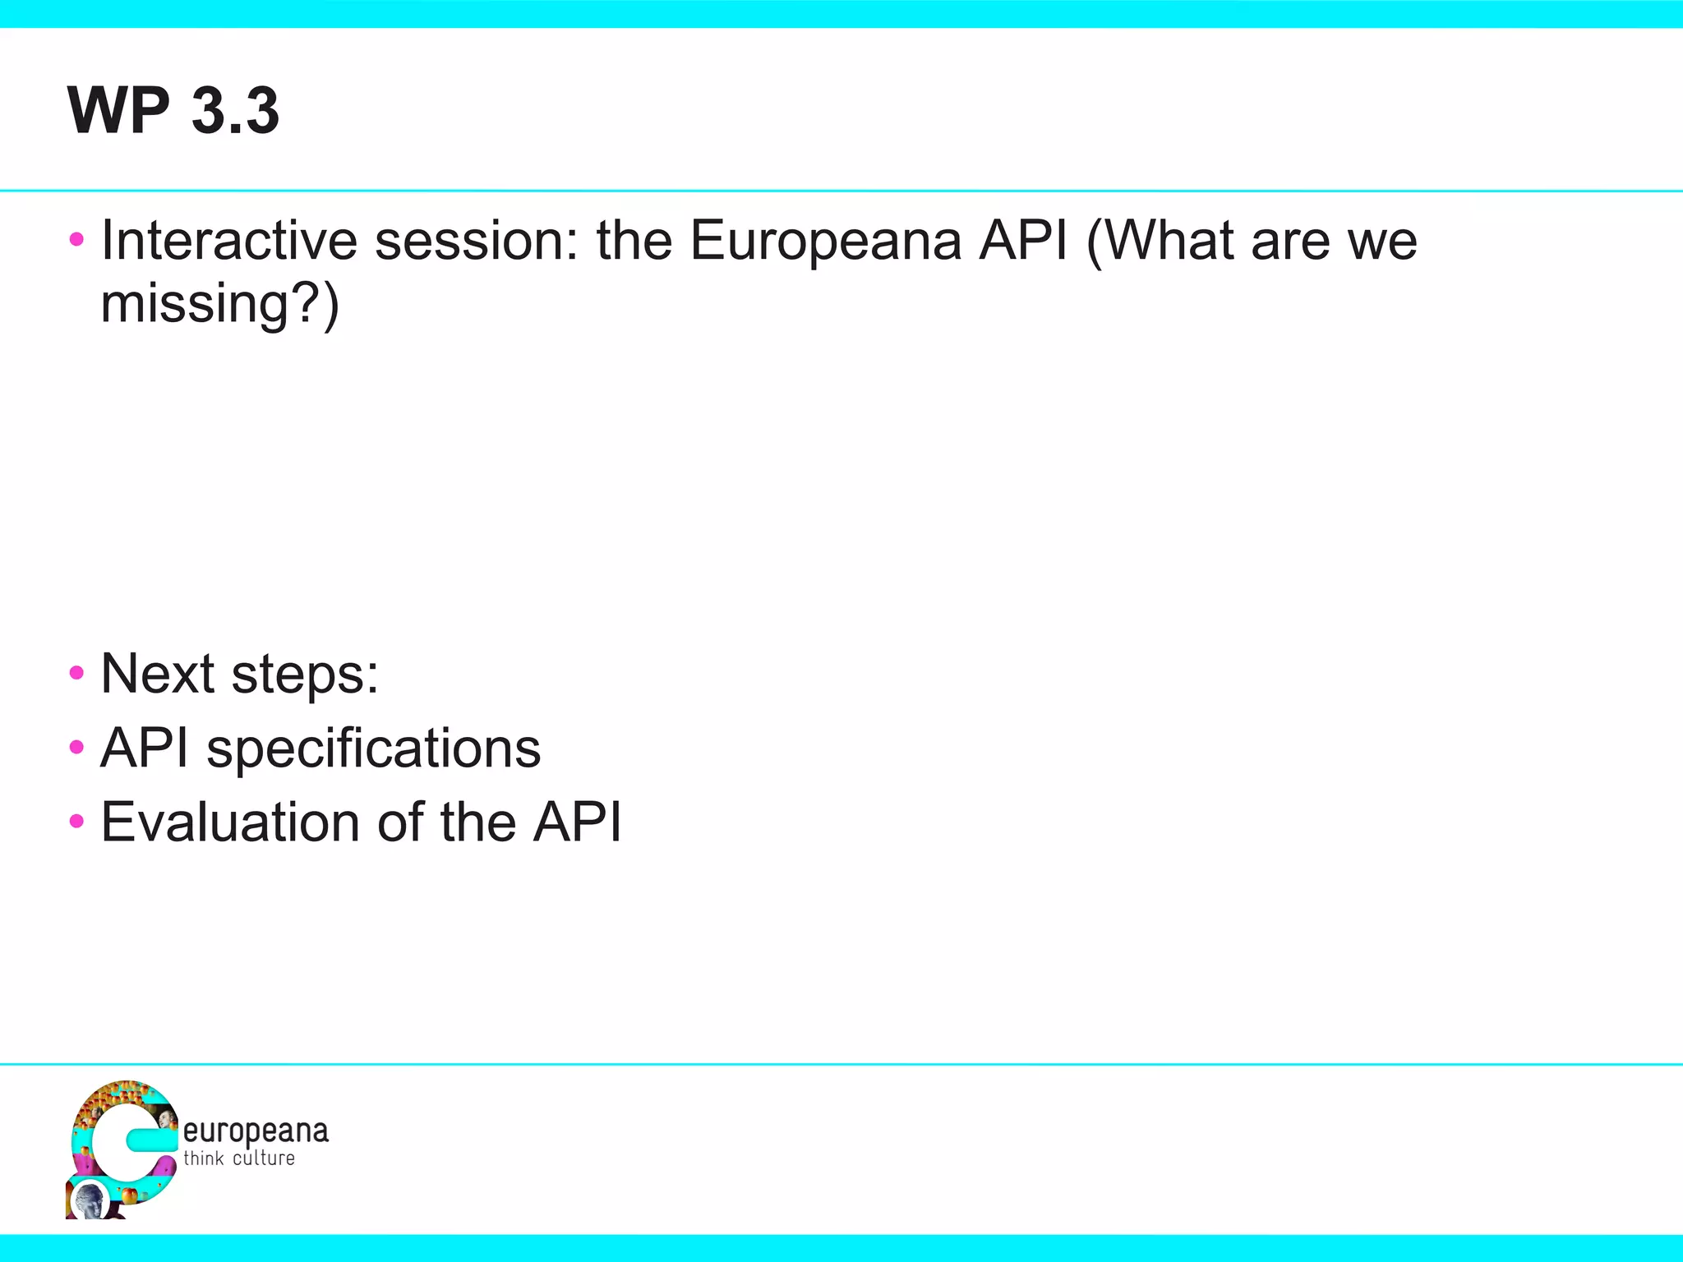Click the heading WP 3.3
(173, 110)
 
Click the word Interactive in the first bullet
(229, 241)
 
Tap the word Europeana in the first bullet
(825, 241)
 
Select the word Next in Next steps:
(158, 674)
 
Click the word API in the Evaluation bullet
(577, 822)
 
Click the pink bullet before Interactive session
(77, 240)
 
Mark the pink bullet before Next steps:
(77, 674)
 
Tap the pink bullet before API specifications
(77, 748)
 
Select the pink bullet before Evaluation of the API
(77, 822)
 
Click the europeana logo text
(256, 1131)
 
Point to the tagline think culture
(239, 1158)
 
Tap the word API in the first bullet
(1024, 241)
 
